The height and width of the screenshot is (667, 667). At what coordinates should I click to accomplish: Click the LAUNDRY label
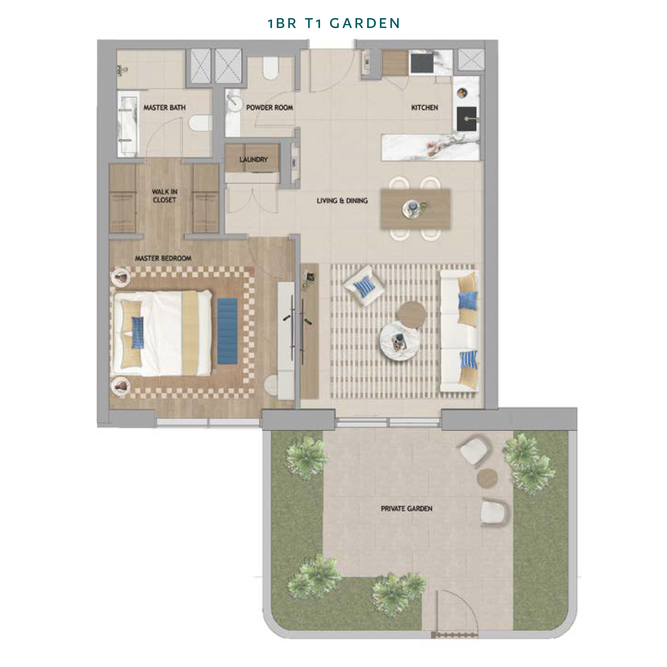click(x=253, y=160)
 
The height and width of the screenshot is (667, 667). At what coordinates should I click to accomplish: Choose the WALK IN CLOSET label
click(x=165, y=196)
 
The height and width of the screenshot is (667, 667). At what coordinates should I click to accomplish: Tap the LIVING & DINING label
click(x=342, y=201)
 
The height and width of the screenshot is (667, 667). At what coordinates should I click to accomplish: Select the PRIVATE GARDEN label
click(x=406, y=508)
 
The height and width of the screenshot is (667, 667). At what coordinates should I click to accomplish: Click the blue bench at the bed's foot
click(x=227, y=331)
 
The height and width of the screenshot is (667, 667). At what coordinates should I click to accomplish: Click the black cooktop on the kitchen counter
click(x=422, y=63)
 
